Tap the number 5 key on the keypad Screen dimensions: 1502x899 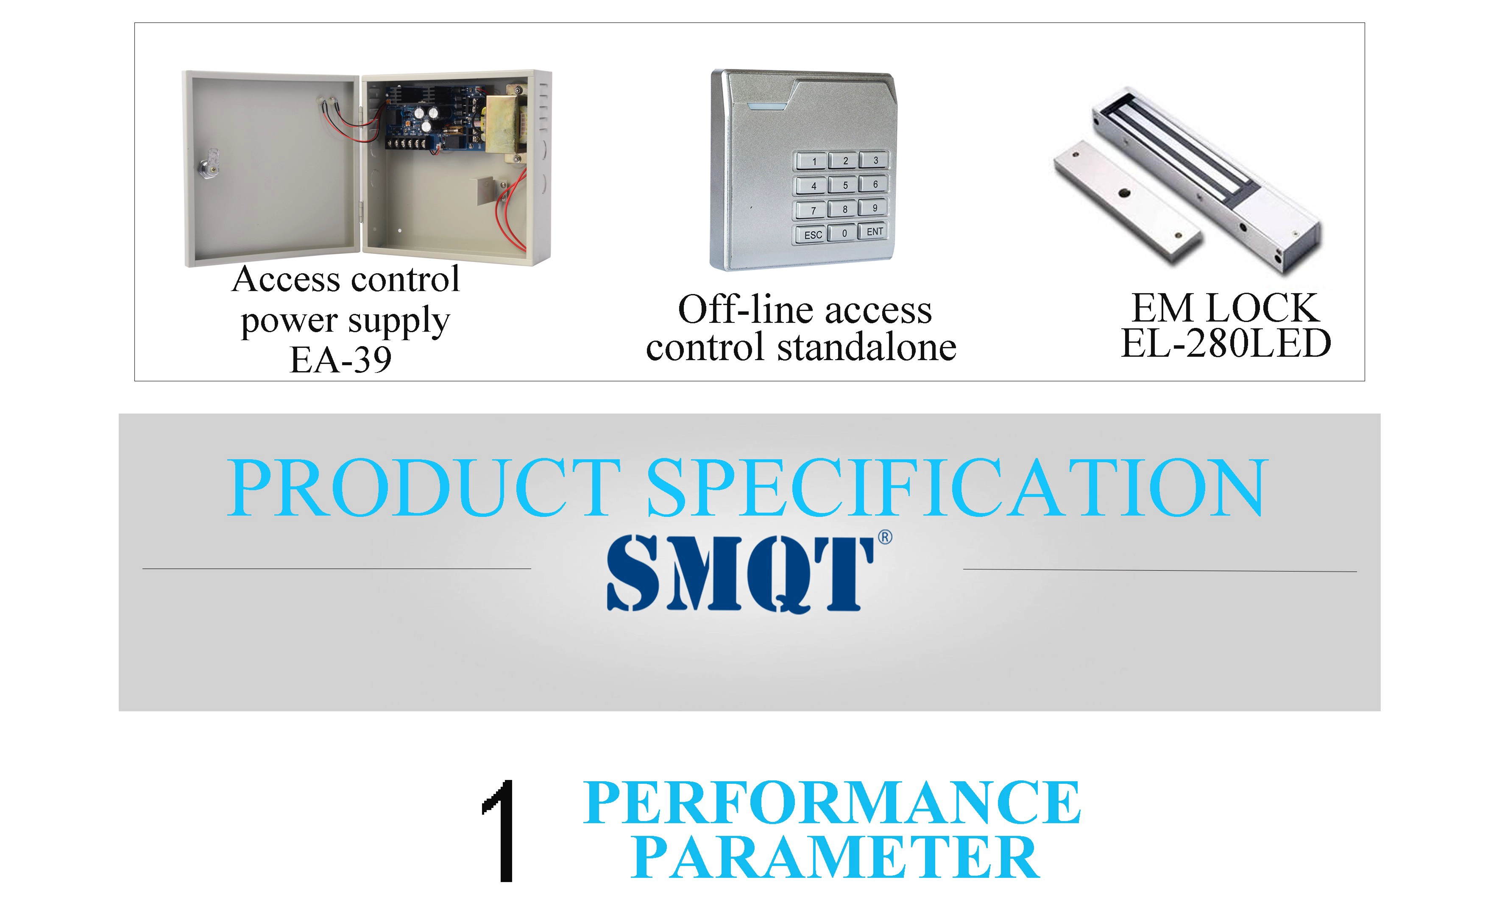pos(844,185)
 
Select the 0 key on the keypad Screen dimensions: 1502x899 pos(843,233)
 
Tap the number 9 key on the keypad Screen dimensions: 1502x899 pos(874,207)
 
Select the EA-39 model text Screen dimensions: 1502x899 pos(341,360)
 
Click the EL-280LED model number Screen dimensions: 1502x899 pos(1226,344)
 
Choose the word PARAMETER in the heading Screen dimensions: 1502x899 pos(835,858)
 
